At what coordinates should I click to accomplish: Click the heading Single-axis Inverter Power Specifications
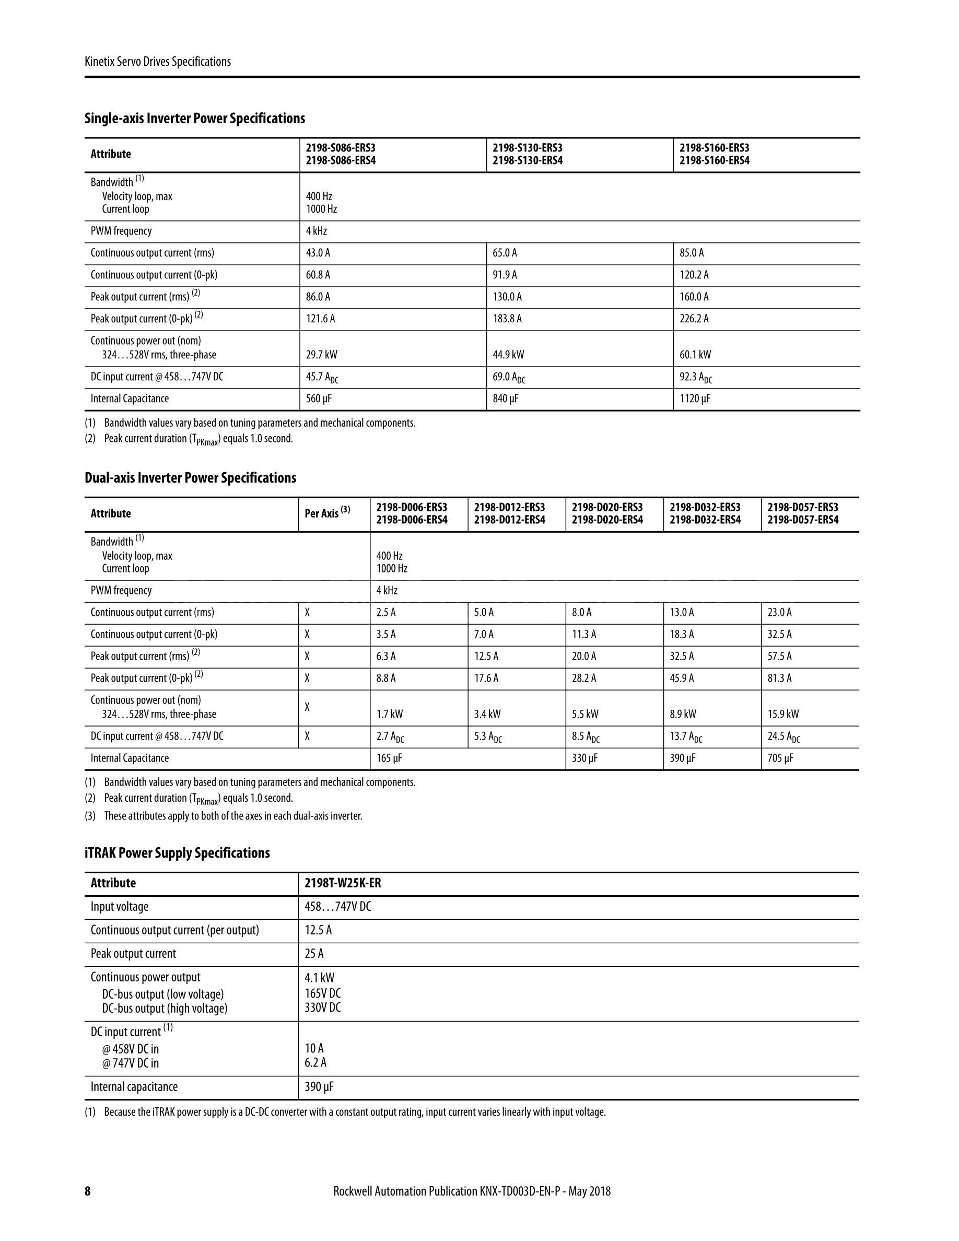click(194, 118)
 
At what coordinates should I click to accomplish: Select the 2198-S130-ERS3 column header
click(527, 154)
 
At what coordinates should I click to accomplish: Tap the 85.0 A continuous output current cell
click(692, 253)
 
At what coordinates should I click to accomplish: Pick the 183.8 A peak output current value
click(507, 319)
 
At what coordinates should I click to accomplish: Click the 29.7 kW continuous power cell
click(321, 355)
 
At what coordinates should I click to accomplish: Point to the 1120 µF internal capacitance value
click(694, 399)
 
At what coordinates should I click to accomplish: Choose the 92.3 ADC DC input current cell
click(695, 377)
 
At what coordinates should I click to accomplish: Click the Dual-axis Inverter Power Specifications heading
click(190, 477)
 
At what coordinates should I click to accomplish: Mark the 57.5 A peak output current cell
click(779, 657)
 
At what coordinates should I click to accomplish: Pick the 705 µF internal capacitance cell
click(780, 758)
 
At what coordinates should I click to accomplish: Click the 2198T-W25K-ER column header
click(343, 883)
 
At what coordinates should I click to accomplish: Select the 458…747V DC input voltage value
click(337, 906)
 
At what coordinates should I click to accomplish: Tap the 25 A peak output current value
click(314, 954)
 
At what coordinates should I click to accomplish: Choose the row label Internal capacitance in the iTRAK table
click(134, 1086)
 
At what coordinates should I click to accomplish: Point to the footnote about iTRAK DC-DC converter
click(345, 1112)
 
